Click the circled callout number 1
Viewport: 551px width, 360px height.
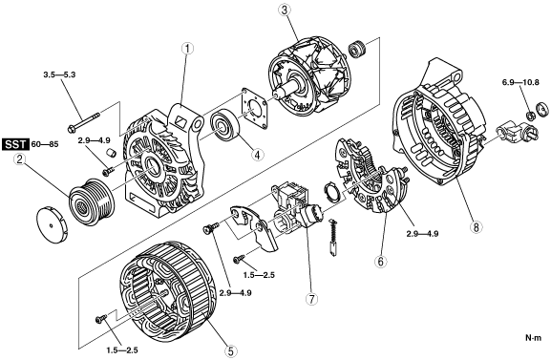[188, 49]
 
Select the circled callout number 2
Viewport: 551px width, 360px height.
[20, 159]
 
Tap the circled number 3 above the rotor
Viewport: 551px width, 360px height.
[285, 10]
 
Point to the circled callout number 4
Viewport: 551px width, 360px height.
[257, 154]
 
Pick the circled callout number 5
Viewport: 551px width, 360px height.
[230, 350]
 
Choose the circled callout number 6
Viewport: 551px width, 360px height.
[381, 261]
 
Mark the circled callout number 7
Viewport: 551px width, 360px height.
[311, 299]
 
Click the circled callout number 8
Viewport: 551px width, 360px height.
[476, 226]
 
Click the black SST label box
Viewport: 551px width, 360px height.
[15, 144]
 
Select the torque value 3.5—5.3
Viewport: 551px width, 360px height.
[59, 74]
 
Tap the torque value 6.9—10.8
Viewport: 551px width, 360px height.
[520, 83]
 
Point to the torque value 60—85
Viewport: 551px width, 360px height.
[45, 144]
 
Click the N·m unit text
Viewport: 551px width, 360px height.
[534, 338]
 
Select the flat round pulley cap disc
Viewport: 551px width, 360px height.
[52, 225]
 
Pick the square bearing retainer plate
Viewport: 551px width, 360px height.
[254, 110]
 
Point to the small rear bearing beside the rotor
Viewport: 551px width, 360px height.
[357, 49]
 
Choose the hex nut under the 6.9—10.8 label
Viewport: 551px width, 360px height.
[531, 115]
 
